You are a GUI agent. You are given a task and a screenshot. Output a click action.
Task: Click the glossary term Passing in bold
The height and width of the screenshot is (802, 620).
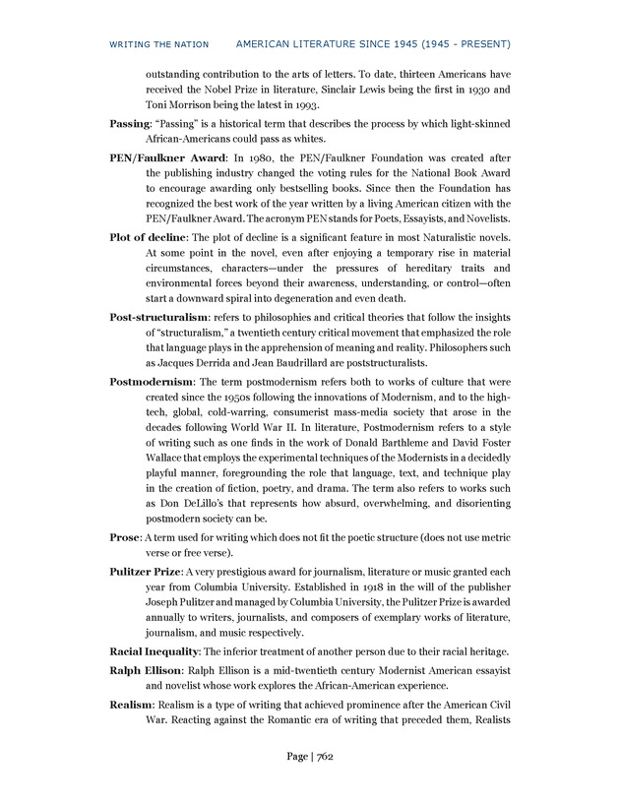point(129,125)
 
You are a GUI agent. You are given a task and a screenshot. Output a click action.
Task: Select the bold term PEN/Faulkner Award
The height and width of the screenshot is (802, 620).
point(167,156)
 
